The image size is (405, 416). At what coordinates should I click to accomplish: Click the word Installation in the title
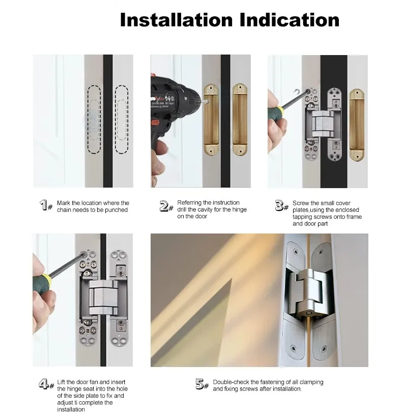176,20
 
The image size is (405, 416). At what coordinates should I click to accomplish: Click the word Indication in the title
290,20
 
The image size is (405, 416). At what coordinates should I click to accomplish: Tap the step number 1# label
46,205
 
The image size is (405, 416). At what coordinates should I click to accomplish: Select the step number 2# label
166,206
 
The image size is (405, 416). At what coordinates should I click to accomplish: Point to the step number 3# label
282,205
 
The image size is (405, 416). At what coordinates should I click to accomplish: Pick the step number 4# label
46,384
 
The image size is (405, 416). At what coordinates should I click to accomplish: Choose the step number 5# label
202,384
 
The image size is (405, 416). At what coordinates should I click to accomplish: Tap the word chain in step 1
64,210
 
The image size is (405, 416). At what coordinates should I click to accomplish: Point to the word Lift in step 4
61,382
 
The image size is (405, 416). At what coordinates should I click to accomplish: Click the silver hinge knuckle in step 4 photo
103,297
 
